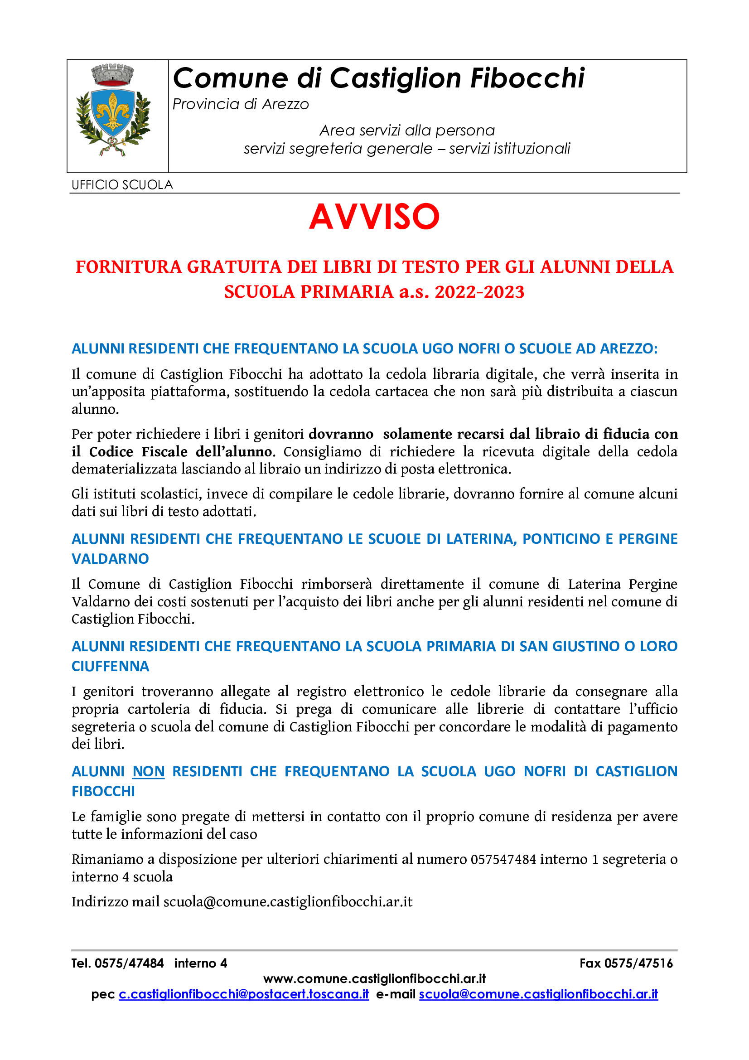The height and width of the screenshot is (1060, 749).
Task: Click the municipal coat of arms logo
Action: pyautogui.click(x=113, y=110)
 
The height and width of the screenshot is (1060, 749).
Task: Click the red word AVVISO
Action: pyautogui.click(x=374, y=217)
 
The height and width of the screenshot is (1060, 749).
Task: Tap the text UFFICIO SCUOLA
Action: pyautogui.click(x=122, y=185)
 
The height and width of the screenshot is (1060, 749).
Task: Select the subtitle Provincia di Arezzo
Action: pyautogui.click(x=241, y=105)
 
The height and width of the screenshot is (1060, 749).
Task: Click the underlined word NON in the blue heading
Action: pyautogui.click(x=148, y=771)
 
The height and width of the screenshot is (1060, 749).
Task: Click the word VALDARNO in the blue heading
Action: pyautogui.click(x=110, y=559)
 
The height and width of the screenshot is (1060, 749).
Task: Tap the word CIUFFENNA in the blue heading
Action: pyautogui.click(x=110, y=666)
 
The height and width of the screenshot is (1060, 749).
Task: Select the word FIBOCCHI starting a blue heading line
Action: pyautogui.click(x=103, y=791)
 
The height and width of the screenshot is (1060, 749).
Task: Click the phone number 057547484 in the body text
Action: pyautogui.click(x=503, y=859)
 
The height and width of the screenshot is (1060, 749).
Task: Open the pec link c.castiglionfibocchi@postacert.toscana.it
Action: pyautogui.click(x=244, y=994)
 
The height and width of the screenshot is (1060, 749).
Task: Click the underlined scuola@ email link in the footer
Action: pyautogui.click(x=538, y=994)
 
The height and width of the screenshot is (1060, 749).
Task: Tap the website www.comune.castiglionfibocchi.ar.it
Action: pyautogui.click(x=374, y=979)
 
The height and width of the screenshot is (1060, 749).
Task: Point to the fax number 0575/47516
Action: pyautogui.click(x=638, y=963)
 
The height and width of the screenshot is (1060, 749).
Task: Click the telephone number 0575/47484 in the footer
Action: pyautogui.click(x=129, y=963)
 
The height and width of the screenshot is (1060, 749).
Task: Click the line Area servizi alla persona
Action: pyautogui.click(x=407, y=131)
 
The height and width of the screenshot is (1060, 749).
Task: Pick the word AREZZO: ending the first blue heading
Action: pyautogui.click(x=628, y=348)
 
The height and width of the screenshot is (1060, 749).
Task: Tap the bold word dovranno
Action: pyautogui.click(x=341, y=434)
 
